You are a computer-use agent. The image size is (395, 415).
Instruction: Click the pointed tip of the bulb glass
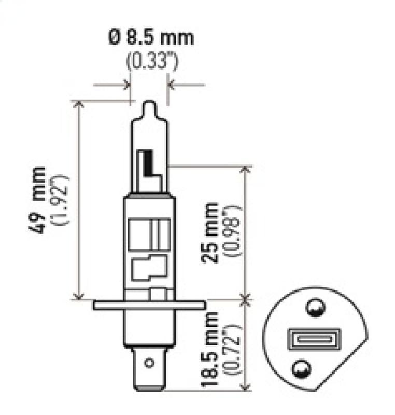[149, 104]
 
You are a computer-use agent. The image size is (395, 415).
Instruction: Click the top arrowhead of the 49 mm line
[79, 104]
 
